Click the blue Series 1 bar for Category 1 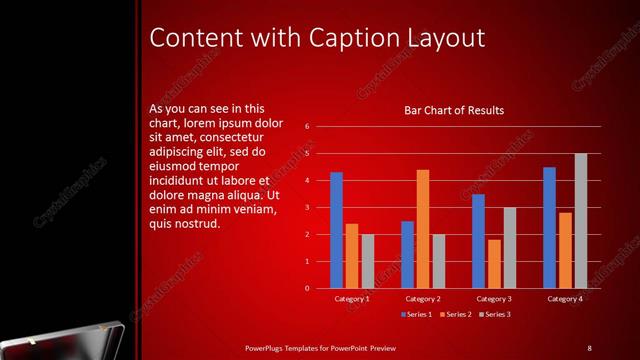click(336, 230)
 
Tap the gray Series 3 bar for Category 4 click(580, 220)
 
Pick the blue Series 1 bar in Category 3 click(478, 241)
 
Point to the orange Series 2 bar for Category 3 click(494, 264)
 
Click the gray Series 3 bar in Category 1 click(367, 261)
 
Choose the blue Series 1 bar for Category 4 click(549, 227)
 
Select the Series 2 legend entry click(455, 315)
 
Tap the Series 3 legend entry click(494, 315)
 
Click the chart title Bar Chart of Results click(453, 110)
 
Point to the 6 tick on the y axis click(308, 127)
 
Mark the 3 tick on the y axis click(308, 208)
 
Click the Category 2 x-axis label click(423, 298)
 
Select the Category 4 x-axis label click(565, 298)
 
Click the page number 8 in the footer click(589, 347)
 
